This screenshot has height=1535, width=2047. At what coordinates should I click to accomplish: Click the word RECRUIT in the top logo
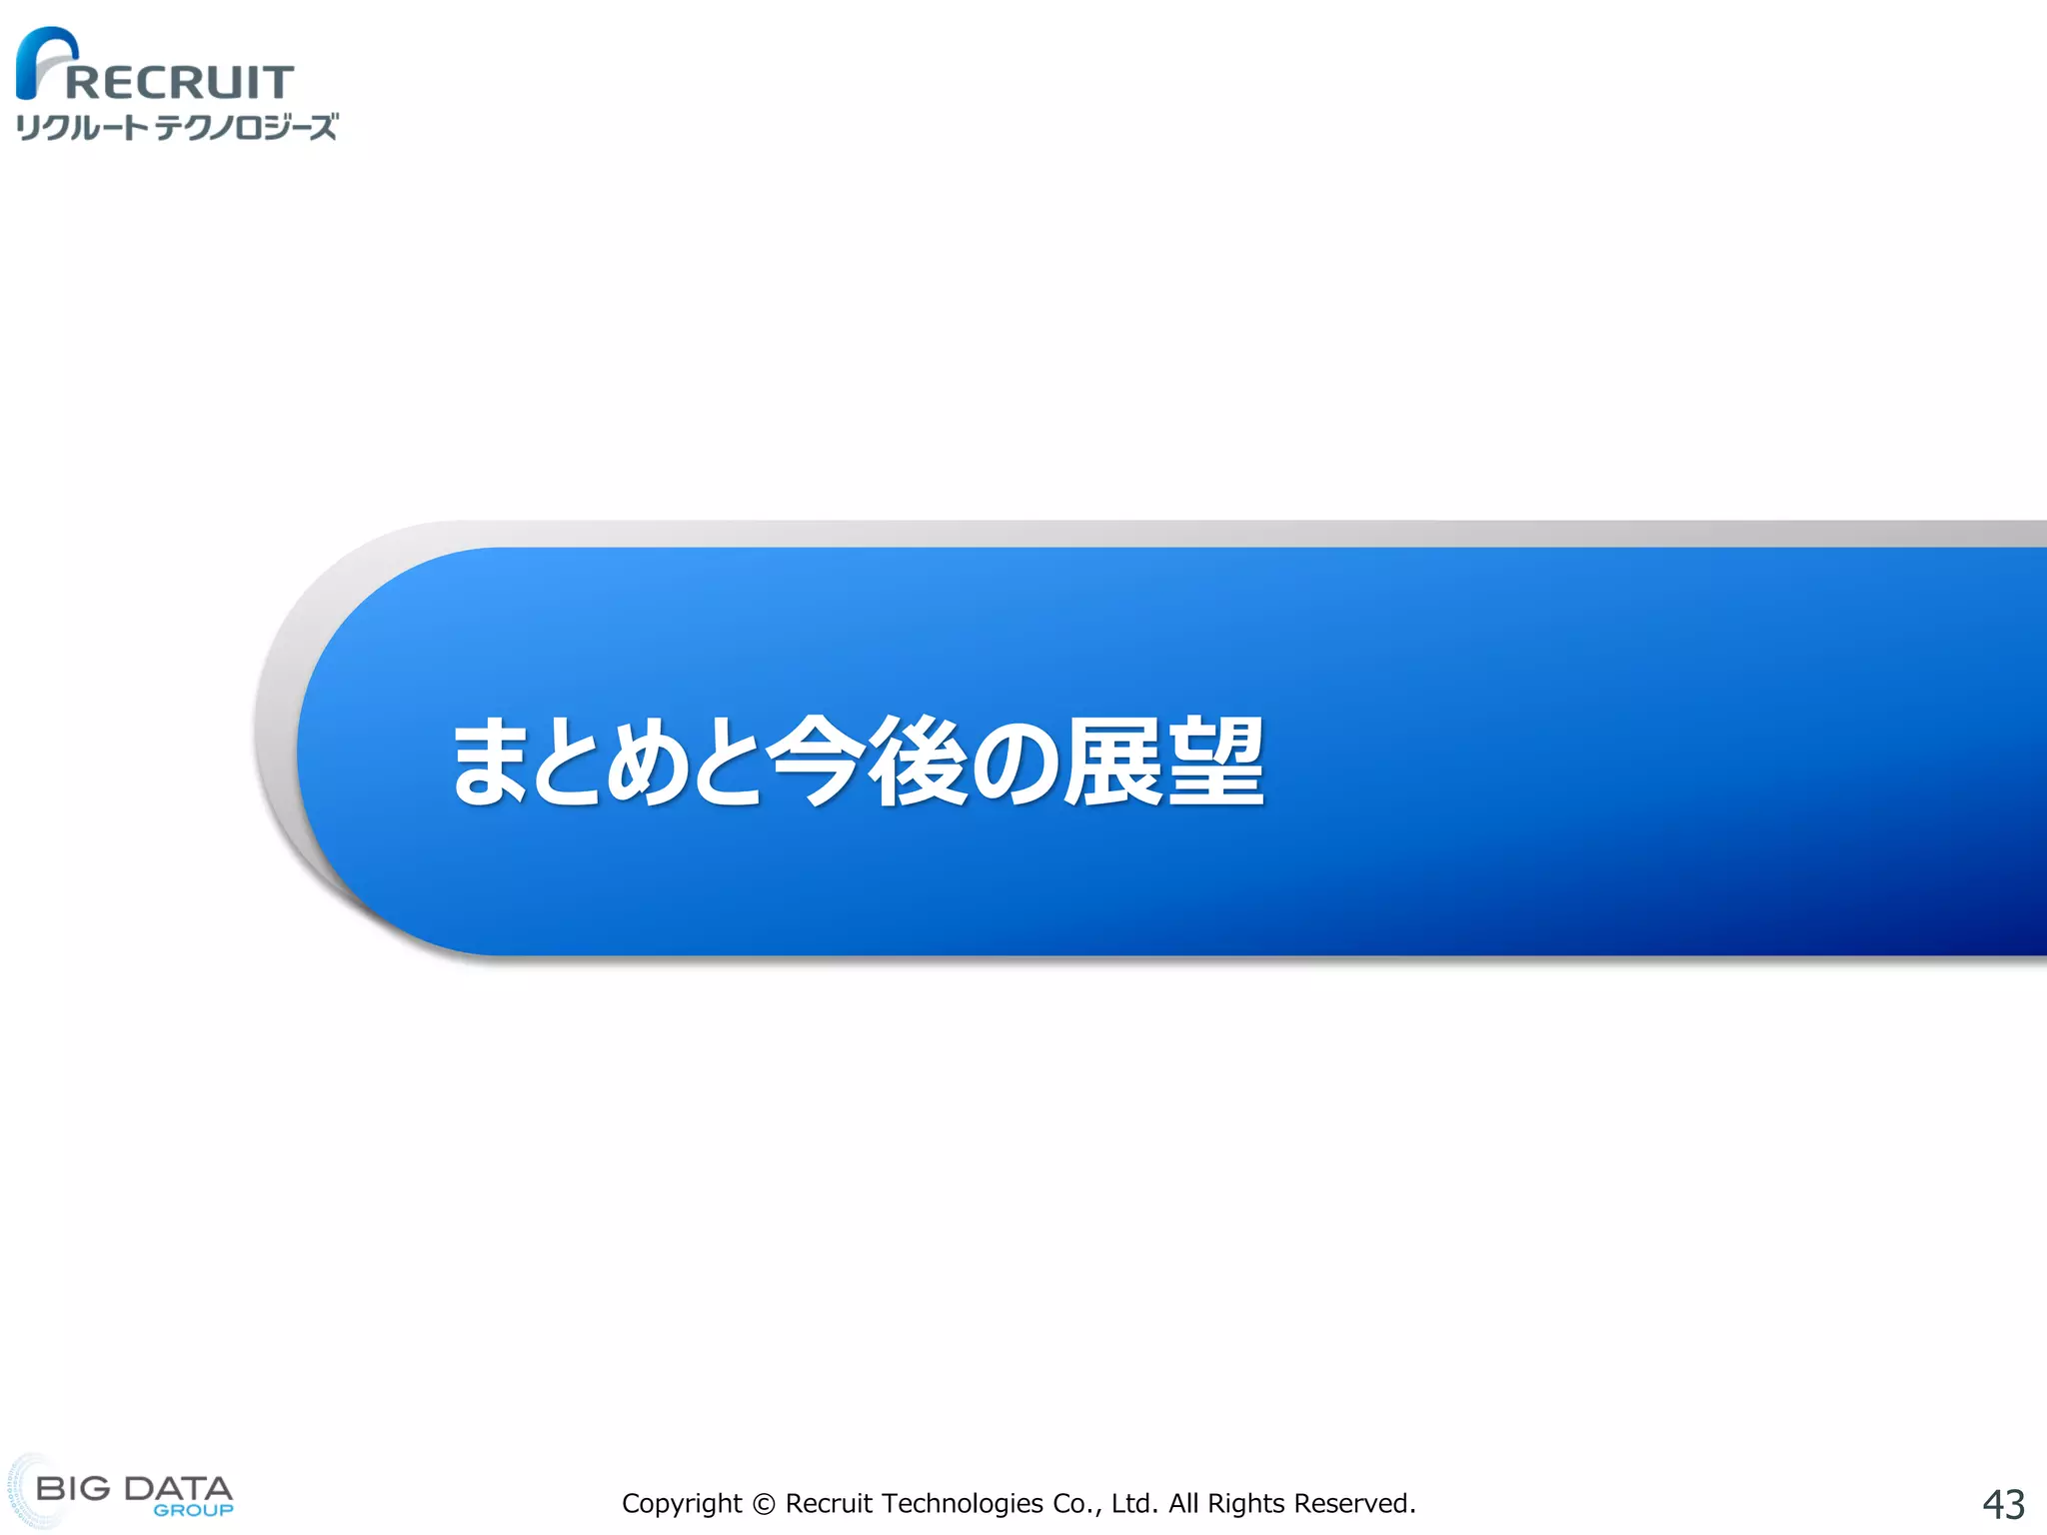tap(180, 82)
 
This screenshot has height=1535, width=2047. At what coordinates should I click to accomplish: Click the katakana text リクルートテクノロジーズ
tap(176, 128)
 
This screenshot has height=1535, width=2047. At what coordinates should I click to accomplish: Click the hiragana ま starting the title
tap(492, 762)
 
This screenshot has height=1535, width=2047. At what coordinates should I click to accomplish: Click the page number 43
tap(2003, 1504)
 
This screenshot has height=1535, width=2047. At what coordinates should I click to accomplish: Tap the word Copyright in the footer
tap(682, 1504)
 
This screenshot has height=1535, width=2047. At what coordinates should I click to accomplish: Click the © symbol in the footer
tap(764, 1504)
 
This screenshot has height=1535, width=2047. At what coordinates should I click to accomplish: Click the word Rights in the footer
tap(1245, 1504)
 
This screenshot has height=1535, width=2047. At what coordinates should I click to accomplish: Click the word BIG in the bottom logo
tap(73, 1488)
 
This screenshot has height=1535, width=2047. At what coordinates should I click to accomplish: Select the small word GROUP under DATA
tap(193, 1510)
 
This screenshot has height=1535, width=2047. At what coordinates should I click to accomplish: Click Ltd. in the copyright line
tap(1134, 1504)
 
